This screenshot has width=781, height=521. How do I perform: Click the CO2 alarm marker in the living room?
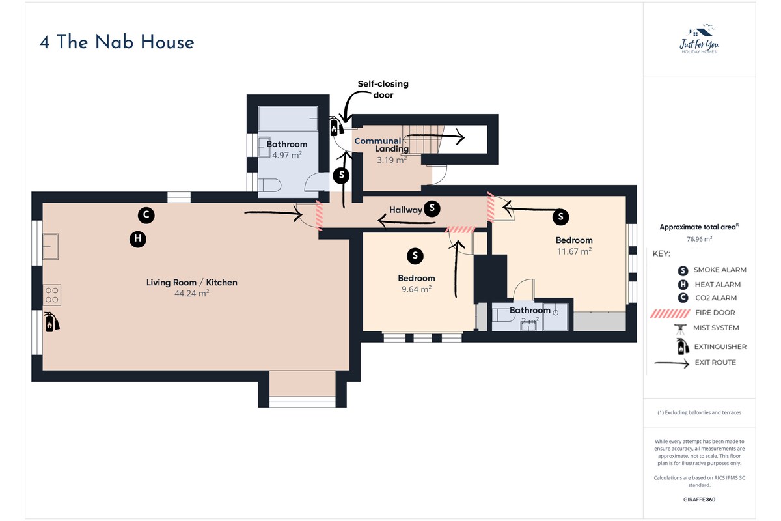(146, 215)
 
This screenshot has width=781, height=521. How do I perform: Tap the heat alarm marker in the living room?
(138, 239)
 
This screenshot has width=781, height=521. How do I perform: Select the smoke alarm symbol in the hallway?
(432, 208)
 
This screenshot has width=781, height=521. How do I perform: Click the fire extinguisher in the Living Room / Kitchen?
(51, 322)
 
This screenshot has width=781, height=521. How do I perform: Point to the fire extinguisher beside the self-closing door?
(336, 126)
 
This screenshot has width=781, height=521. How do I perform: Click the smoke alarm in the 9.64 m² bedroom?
(415, 256)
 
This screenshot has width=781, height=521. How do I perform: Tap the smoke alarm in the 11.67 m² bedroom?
(560, 217)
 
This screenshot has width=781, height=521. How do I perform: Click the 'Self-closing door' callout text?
(383, 89)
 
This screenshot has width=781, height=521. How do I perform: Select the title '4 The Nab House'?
(116, 42)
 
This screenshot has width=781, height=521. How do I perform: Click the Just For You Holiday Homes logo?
(699, 40)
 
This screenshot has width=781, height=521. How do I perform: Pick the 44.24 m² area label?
(192, 293)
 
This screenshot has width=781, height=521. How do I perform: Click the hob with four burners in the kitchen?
(52, 295)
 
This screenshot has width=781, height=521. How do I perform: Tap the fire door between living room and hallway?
(319, 216)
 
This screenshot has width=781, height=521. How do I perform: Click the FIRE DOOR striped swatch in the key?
(670, 313)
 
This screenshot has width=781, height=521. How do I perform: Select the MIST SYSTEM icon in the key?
(680, 329)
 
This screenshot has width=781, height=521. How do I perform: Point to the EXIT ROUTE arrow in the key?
(672, 363)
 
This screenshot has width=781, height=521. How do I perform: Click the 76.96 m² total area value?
(699, 239)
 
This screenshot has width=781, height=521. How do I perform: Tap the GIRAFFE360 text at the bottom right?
(699, 500)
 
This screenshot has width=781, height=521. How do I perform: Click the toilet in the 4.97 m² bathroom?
(270, 186)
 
